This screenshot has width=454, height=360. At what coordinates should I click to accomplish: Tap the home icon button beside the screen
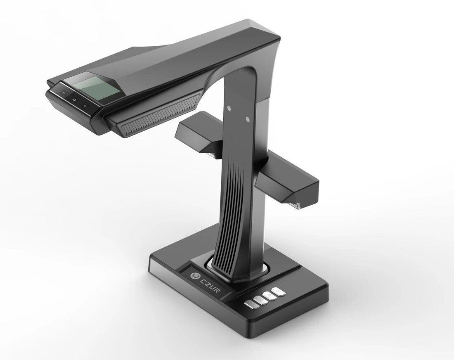73,99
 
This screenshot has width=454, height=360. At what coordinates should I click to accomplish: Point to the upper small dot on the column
228,109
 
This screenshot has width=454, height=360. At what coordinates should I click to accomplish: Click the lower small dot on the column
247,119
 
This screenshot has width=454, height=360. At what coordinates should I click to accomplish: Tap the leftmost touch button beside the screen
62,92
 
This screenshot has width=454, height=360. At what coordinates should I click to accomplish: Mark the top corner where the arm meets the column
272,33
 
